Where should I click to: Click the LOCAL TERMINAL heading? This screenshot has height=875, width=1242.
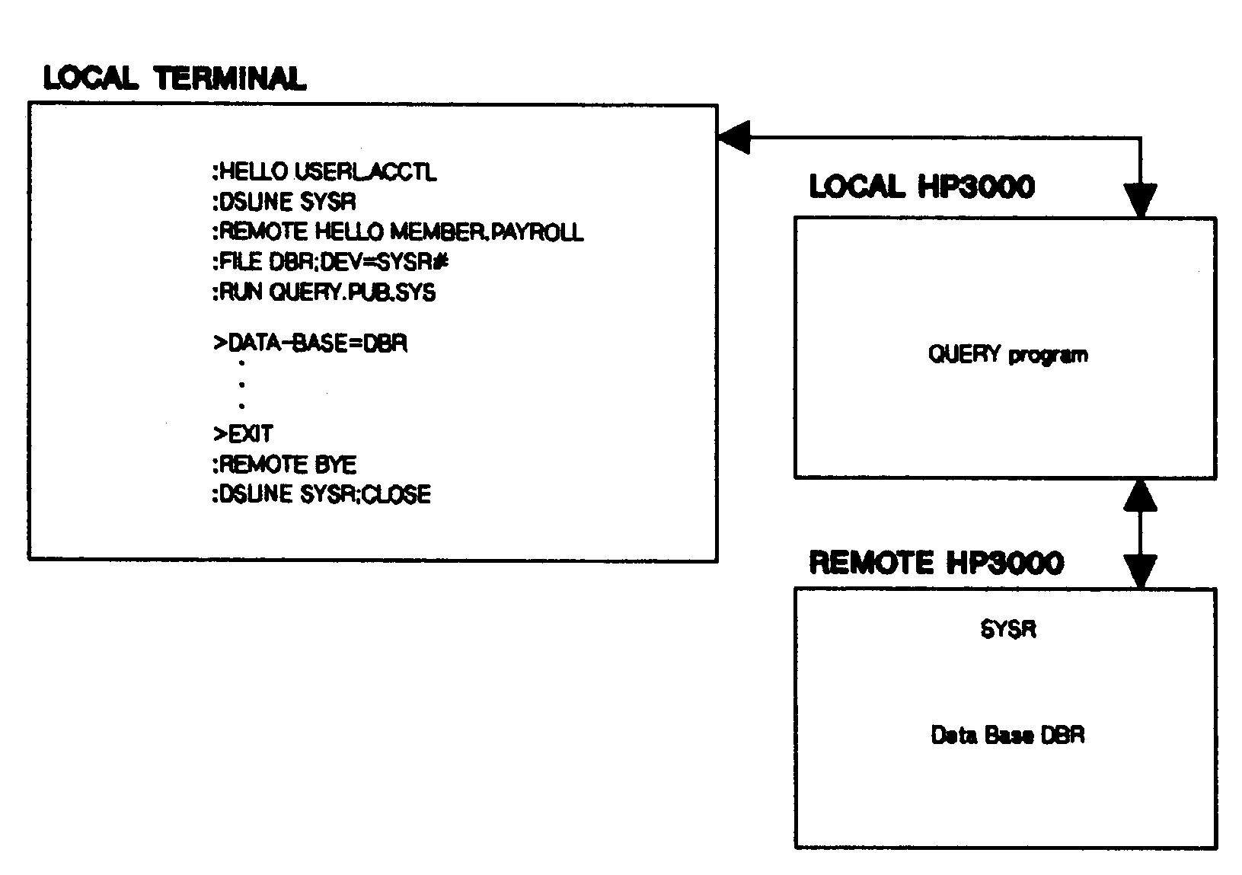click(x=174, y=78)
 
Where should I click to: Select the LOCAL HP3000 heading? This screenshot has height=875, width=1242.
click(x=921, y=187)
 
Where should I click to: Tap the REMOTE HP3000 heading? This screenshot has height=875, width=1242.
click(x=936, y=563)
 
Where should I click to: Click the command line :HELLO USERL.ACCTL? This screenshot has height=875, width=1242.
click(x=324, y=172)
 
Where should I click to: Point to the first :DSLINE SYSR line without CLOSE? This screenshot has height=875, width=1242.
click(x=284, y=202)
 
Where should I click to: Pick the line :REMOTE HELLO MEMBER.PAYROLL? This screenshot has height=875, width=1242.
click(x=398, y=232)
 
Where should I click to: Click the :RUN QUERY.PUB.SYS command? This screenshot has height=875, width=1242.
click(x=324, y=292)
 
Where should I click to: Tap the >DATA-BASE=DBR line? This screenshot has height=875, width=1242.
click(x=310, y=343)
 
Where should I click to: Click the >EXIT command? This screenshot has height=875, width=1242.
click(x=243, y=434)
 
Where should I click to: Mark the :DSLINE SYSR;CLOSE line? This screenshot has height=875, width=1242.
click(x=321, y=494)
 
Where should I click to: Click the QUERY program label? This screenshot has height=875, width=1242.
click(x=1007, y=355)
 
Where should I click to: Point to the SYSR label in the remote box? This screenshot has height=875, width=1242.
click(x=1007, y=630)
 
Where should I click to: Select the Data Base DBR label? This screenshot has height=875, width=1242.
click(x=1007, y=735)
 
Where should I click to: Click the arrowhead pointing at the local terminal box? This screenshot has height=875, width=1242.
click(x=733, y=138)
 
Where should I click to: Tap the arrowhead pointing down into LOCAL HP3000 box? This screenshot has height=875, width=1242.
click(x=1140, y=201)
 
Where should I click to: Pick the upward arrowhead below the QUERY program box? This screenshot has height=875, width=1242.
click(x=1140, y=495)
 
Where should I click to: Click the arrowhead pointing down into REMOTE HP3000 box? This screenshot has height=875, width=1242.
click(x=1140, y=571)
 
